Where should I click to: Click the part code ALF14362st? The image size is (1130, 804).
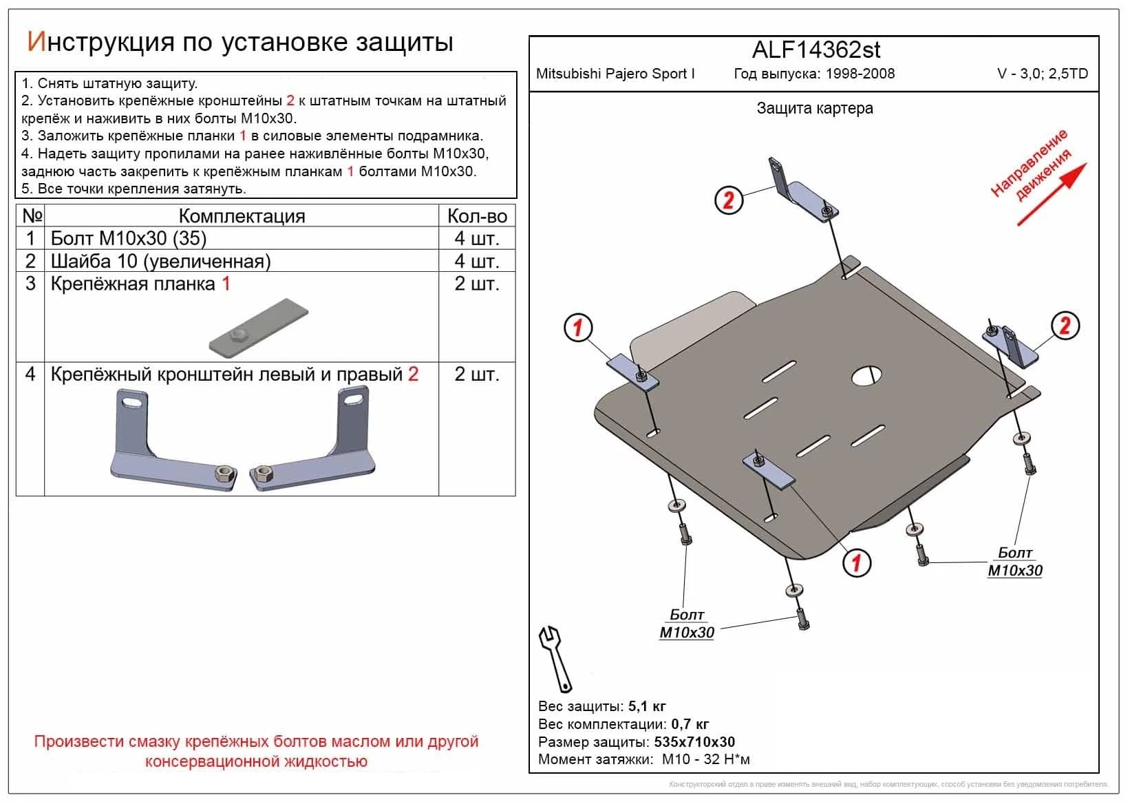pos(815,50)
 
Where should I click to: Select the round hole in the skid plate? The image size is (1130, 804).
pos(868,376)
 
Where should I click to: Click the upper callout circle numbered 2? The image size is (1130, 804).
pos(729,200)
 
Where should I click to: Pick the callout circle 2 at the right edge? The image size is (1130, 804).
pos(1065,325)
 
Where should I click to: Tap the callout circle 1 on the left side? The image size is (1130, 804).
pos(578,328)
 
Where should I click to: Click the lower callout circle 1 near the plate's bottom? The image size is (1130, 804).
pos(857,563)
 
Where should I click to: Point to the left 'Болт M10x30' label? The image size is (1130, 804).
pos(687,624)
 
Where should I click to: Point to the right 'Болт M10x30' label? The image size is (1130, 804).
pos(1014,562)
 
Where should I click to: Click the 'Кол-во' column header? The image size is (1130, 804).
pos(477,216)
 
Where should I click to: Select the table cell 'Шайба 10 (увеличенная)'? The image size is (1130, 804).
pos(161,262)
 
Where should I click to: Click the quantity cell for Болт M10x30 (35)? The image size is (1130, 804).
pos(477,239)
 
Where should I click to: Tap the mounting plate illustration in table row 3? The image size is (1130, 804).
pos(259,328)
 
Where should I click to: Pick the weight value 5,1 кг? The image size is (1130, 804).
pos(647,706)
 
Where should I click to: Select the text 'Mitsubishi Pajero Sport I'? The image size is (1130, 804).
pos(615,74)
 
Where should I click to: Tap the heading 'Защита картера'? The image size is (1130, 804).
pos(815,108)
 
